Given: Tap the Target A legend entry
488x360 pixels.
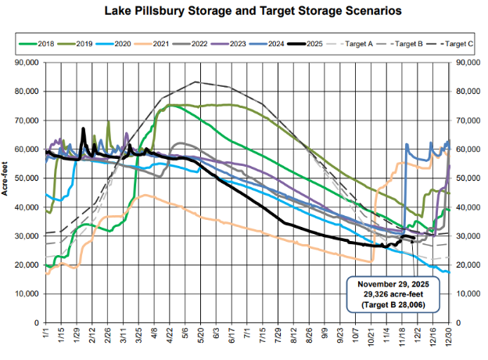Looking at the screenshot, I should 356,45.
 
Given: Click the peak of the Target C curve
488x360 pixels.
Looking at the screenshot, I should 195,81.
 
